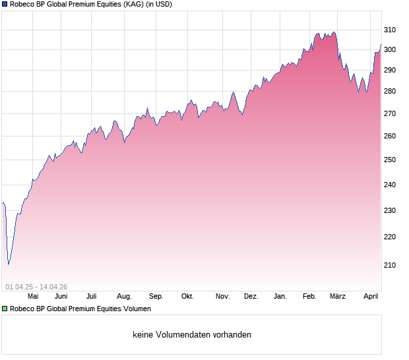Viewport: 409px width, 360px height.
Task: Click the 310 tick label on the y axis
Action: pos(390,30)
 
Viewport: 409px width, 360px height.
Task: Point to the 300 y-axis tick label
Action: pos(390,49)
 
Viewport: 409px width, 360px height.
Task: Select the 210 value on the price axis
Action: pos(390,265)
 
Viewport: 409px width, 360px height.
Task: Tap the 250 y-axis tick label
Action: pos(390,160)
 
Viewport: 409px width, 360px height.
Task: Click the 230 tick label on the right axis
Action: pos(390,210)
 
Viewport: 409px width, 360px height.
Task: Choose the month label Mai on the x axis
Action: pos(33,296)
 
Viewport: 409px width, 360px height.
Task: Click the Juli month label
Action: pos(92,296)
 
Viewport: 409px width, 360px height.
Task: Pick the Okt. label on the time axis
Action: pos(187,296)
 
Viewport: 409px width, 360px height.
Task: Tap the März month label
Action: pos(338,296)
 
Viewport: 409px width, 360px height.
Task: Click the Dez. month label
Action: pos(251,296)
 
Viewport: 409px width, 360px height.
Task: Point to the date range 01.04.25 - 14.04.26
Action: pos(36,287)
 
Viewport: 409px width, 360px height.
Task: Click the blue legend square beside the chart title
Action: pos(5,5)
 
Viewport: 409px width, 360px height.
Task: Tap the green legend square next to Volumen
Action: pos(5,309)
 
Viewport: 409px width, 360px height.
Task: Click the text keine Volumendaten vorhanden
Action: pos(192,335)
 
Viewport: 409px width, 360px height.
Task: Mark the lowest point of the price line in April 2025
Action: pos(8,264)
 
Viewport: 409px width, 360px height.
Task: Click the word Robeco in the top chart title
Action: pos(23,5)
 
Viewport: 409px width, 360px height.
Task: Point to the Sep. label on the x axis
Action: pos(156,296)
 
